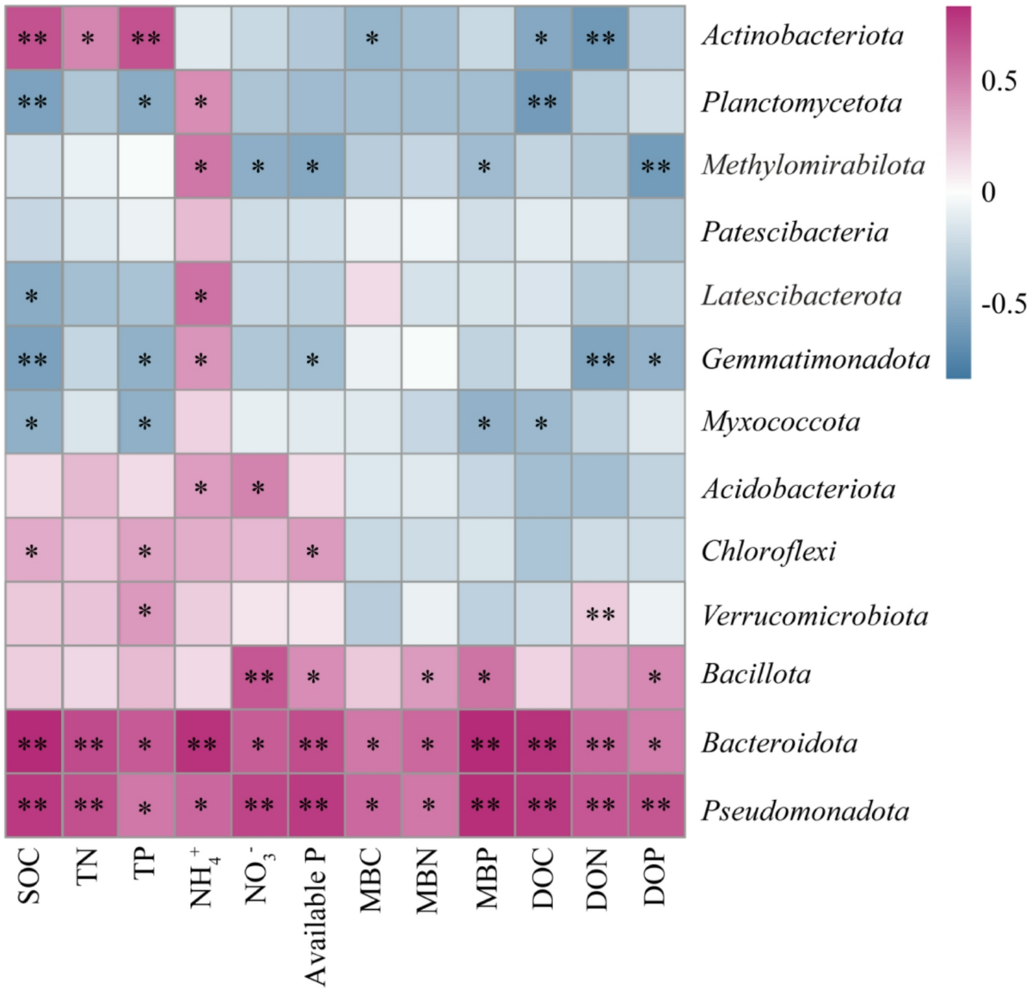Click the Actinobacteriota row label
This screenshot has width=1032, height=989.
(x=802, y=35)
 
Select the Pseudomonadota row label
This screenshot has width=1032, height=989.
(x=805, y=810)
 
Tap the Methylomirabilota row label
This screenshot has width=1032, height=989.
(x=813, y=164)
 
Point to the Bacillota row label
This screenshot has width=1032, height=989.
(x=756, y=673)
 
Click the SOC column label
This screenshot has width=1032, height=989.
(x=29, y=877)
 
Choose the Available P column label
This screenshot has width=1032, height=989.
(x=315, y=916)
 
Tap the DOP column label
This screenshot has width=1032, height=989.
(x=655, y=877)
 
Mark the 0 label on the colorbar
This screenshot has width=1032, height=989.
(x=988, y=192)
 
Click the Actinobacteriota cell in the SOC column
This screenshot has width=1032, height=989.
(x=32, y=37)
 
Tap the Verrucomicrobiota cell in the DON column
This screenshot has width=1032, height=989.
(x=599, y=614)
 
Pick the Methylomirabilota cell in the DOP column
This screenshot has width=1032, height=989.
(x=656, y=166)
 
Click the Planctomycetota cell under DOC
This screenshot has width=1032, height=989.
(x=543, y=102)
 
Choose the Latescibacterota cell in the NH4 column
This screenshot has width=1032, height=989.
(x=202, y=295)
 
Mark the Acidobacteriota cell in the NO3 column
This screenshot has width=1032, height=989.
(x=259, y=488)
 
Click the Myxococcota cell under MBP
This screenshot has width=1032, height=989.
(x=485, y=422)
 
